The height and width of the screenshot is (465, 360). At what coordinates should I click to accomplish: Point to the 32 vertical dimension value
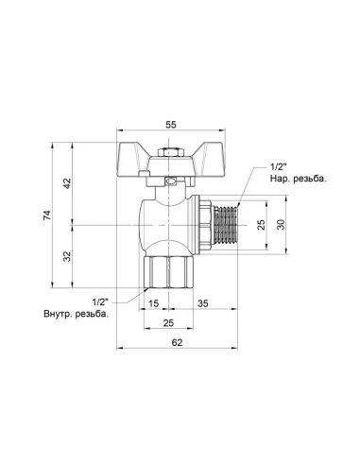pyautogui.click(x=66, y=256)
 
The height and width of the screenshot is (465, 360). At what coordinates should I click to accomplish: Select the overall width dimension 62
pyautogui.click(x=179, y=343)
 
